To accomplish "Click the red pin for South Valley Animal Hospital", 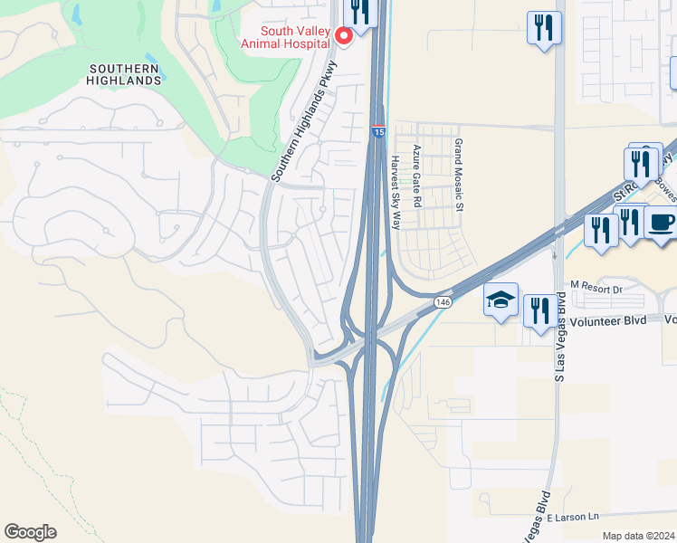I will (x=344, y=36).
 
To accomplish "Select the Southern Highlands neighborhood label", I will (x=126, y=74).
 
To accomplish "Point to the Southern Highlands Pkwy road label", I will (x=304, y=120).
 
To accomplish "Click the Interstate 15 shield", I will (x=378, y=132).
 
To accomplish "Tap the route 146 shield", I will (x=442, y=300).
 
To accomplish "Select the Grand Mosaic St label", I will (x=459, y=176).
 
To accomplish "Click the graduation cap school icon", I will (x=501, y=300).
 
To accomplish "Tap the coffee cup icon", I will (x=661, y=222).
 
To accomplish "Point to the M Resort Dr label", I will (x=597, y=289).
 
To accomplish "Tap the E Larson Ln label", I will (x=572, y=516).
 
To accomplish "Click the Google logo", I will (x=30, y=532).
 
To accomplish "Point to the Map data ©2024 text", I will (x=638, y=536).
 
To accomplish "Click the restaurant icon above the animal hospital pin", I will (x=360, y=13).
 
